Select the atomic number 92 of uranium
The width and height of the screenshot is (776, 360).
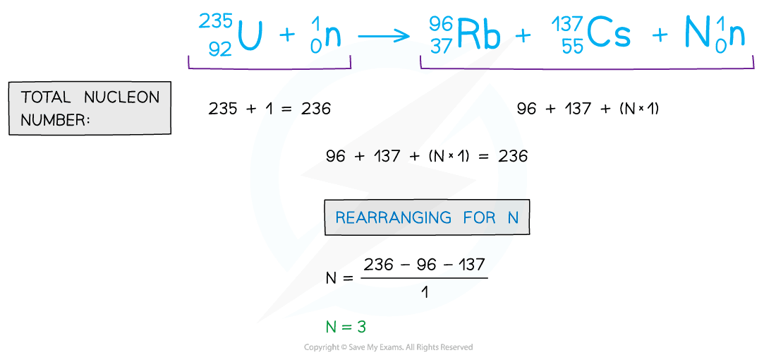point(219,49)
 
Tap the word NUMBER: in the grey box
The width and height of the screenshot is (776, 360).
point(56,120)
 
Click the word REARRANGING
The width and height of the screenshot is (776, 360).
point(394,217)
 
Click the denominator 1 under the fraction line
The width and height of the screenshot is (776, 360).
point(424,289)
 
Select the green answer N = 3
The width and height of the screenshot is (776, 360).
point(346,327)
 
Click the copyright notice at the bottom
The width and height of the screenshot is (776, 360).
point(388,347)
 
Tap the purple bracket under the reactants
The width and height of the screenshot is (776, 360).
point(269,68)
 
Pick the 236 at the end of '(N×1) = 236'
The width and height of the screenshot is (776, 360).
point(512,156)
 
